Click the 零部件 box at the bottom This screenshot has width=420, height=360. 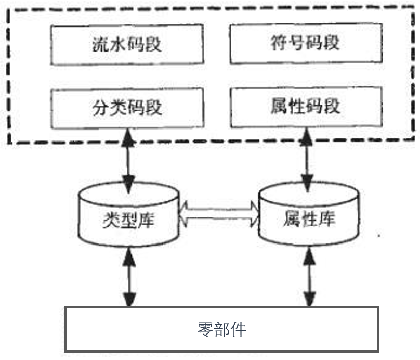222,329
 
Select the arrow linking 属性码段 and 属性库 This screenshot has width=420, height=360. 308,159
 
